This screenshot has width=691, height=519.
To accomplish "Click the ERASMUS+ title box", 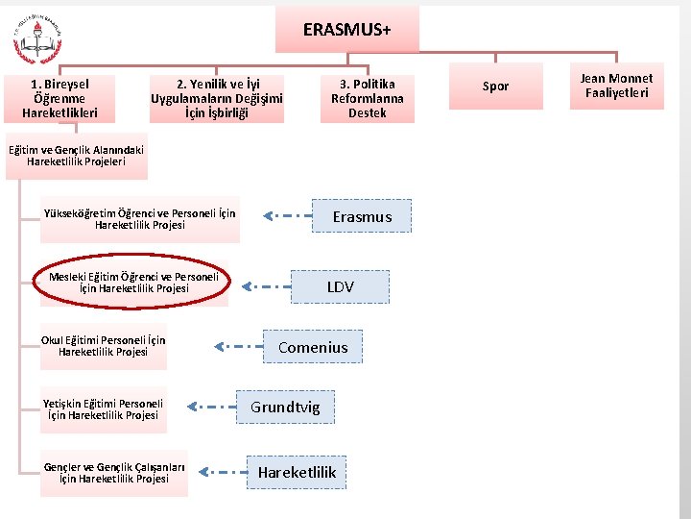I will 346,30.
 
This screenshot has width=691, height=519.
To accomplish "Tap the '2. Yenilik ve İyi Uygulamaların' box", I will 217,98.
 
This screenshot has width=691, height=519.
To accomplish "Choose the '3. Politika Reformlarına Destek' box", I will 368,98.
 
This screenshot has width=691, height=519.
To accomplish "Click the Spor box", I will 495,86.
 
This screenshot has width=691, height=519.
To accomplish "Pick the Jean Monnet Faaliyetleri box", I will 617,86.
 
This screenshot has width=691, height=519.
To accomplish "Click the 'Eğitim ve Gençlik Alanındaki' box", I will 76,156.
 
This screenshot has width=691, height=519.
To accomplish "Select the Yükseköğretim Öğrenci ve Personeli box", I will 140,219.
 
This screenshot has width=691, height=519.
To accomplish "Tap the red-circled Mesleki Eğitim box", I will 133,282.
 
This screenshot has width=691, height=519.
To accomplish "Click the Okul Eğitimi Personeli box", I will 103,346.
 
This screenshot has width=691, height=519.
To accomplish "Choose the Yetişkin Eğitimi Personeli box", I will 103,409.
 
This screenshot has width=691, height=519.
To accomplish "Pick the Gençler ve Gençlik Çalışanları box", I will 114,473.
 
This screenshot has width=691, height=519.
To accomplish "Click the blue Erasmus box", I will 362,216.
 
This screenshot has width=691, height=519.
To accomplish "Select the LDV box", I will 340,286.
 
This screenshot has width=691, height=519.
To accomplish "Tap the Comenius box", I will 313,347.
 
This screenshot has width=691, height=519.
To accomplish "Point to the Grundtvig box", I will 285,408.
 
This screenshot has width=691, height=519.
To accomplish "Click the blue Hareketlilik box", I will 297,472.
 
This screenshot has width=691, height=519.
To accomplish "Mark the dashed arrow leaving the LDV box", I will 265,286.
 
